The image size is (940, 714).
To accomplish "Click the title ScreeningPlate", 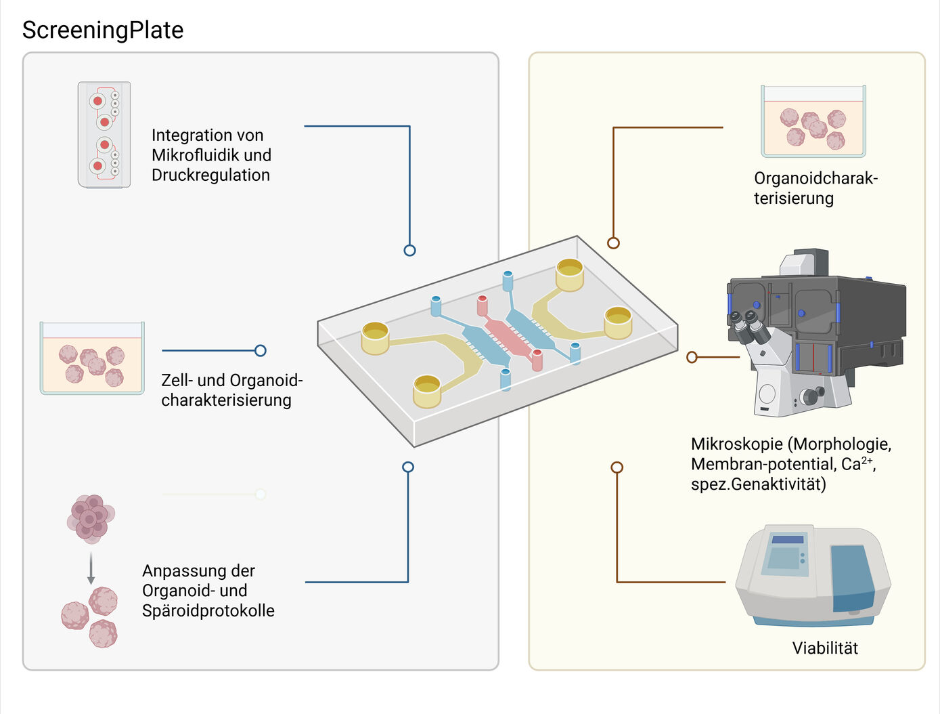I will [x=103, y=30].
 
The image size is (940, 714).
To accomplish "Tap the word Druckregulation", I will [x=210, y=175].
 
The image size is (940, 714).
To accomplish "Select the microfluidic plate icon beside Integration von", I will [x=104, y=135].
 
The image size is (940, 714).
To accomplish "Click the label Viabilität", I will [x=825, y=648].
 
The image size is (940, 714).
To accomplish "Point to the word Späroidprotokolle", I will [x=208, y=610].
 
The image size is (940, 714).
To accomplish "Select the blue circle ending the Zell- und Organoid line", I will [x=261, y=350].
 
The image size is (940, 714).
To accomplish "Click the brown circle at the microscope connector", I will [x=692, y=357].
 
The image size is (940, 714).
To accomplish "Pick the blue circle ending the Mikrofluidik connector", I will [x=409, y=250].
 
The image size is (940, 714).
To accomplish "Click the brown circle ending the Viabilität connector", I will [x=617, y=467].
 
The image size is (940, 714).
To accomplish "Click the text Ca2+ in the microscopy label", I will [x=857, y=464].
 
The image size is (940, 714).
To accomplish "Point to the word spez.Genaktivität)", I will [x=758, y=484].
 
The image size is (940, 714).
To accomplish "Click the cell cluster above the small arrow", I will [x=91, y=518].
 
